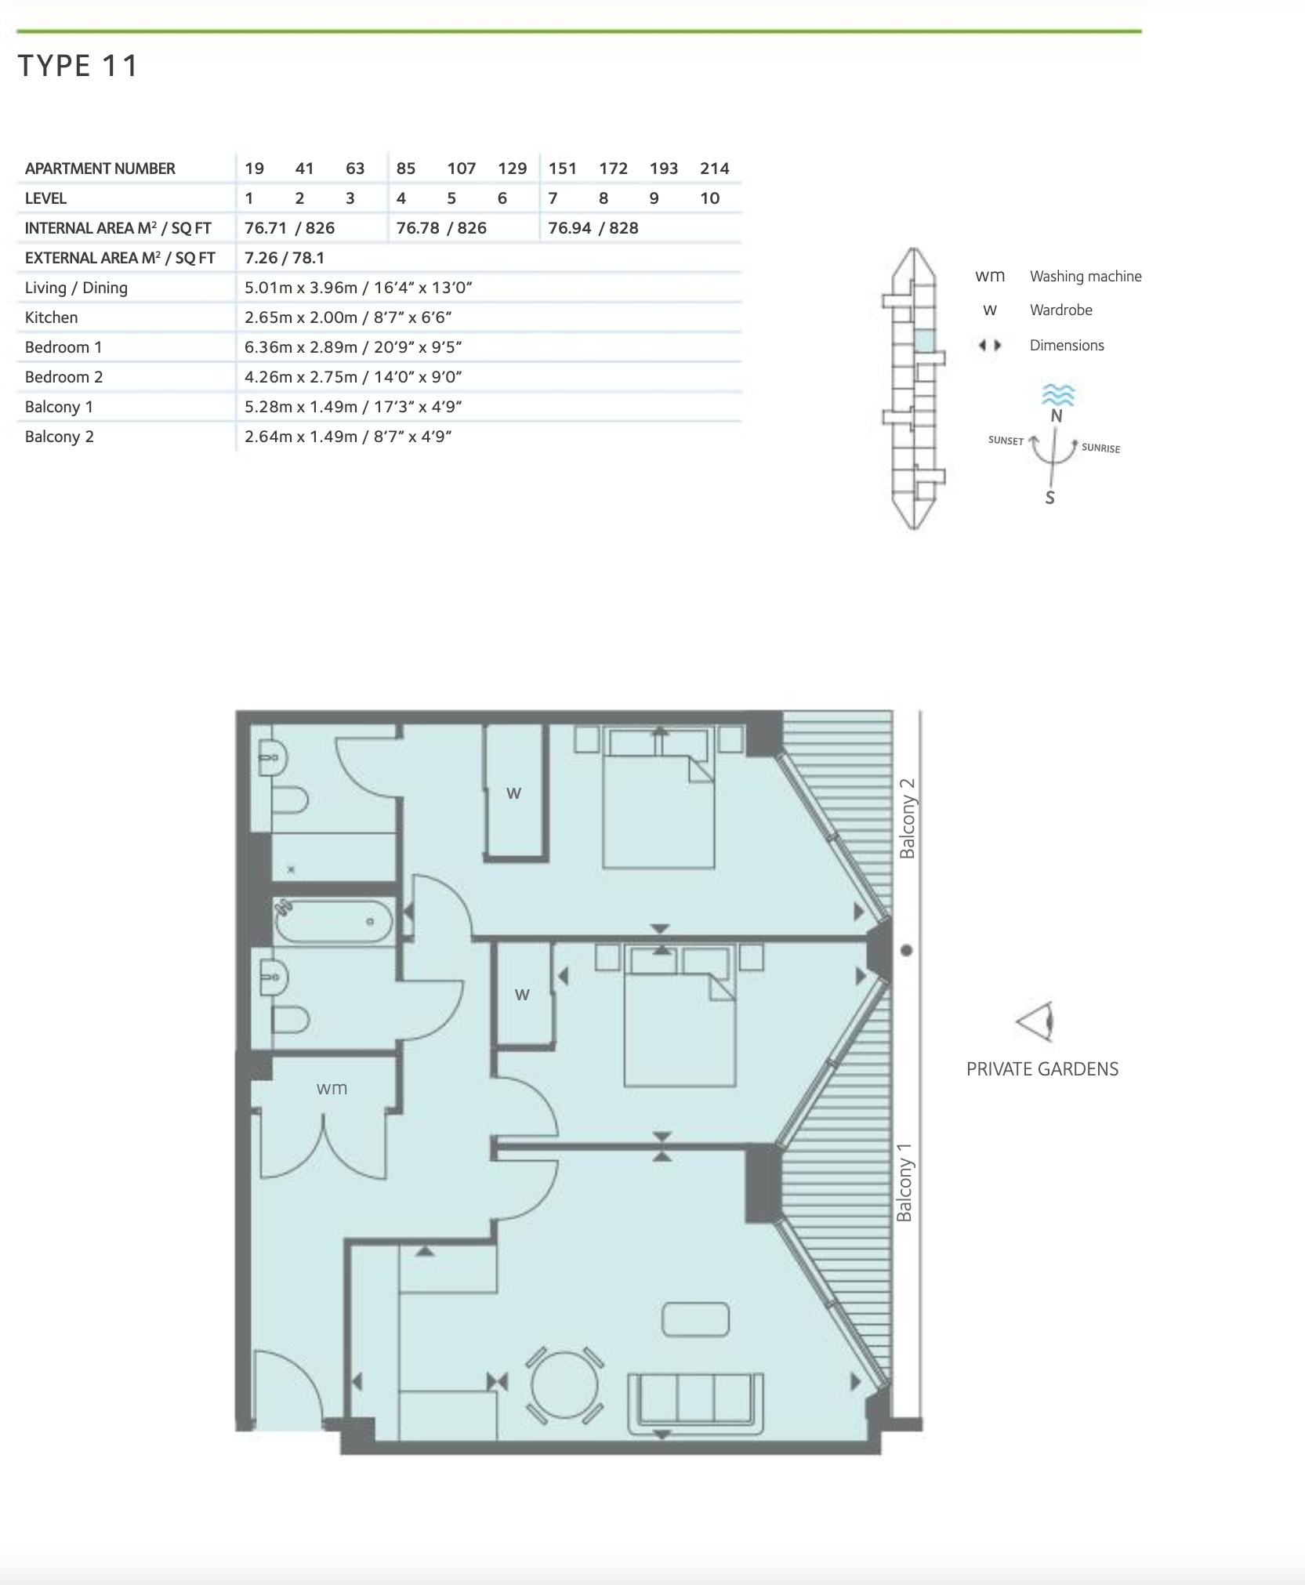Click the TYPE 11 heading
click(x=78, y=66)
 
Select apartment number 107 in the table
click(x=462, y=169)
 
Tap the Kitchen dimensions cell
click(x=348, y=317)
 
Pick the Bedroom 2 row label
click(x=63, y=377)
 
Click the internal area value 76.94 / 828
click(x=593, y=228)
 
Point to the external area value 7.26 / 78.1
click(x=285, y=258)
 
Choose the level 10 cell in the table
click(x=710, y=198)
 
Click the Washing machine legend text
click(x=1086, y=277)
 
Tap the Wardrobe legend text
click(x=1061, y=310)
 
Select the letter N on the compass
click(x=1057, y=416)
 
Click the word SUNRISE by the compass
click(x=1100, y=448)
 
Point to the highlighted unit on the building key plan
click(x=925, y=341)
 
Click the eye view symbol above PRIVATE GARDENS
click(x=1035, y=1022)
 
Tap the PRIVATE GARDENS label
click(x=1042, y=1069)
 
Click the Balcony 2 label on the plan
click(x=907, y=818)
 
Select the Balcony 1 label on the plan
click(x=904, y=1182)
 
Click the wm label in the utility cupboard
click(x=332, y=1088)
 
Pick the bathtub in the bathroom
click(x=333, y=921)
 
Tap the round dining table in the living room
click(x=564, y=1385)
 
